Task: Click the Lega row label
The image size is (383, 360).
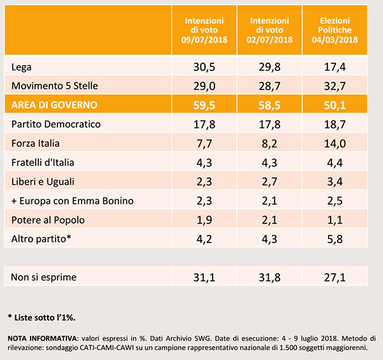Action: (x=22, y=67)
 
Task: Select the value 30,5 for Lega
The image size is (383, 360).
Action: (x=206, y=67)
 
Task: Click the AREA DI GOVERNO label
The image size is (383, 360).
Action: (x=55, y=104)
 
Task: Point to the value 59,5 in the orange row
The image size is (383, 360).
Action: (x=206, y=104)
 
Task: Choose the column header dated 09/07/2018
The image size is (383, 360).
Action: (x=206, y=30)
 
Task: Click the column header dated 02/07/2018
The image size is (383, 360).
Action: (x=271, y=30)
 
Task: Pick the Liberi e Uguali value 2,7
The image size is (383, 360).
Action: (x=271, y=182)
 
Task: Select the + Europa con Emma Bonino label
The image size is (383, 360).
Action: (x=72, y=201)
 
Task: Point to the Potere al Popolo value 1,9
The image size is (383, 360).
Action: (x=206, y=220)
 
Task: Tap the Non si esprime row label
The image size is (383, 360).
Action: (x=43, y=277)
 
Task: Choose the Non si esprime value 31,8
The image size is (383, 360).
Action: (x=271, y=277)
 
